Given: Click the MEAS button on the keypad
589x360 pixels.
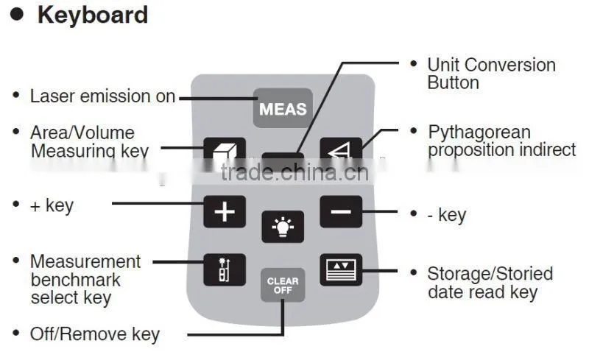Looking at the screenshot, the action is (x=283, y=108).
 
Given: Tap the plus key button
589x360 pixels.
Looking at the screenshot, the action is (x=225, y=211).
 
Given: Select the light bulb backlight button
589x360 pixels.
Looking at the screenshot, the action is (x=283, y=227).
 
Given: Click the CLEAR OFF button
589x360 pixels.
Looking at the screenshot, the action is (x=283, y=285).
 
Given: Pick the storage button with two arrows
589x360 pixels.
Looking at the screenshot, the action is (x=341, y=269).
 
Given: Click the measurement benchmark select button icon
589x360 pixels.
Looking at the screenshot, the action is (x=225, y=269).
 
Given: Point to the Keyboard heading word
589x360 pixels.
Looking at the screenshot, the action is (x=93, y=15).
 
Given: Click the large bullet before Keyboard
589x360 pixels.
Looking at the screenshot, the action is (x=17, y=14).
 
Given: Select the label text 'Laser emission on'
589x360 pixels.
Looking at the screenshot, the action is (x=102, y=96).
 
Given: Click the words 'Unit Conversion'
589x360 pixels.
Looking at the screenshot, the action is (x=492, y=65).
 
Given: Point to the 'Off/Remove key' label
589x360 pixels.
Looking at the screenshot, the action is (x=95, y=334).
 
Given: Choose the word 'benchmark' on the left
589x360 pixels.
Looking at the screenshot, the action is (x=76, y=280).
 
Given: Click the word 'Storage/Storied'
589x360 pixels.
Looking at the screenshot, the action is (x=490, y=274).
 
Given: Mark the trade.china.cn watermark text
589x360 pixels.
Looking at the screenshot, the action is (x=294, y=172).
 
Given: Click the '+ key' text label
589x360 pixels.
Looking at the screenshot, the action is (x=52, y=205).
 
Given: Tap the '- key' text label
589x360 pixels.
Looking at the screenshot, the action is (x=447, y=215).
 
